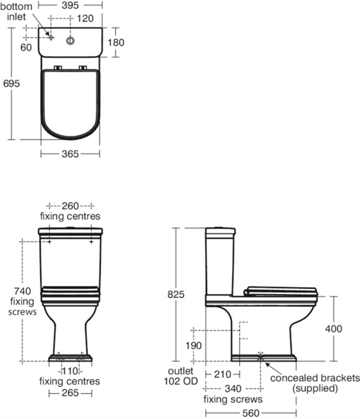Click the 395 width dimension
(x=70, y=5)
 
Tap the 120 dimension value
(x=85, y=18)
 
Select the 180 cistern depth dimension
(x=116, y=43)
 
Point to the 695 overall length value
(x=11, y=83)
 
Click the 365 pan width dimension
(x=70, y=154)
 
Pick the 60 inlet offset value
(x=26, y=48)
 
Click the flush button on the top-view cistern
(x=70, y=41)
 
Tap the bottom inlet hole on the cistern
(x=51, y=38)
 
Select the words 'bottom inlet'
(x=16, y=12)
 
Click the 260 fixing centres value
(x=70, y=206)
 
